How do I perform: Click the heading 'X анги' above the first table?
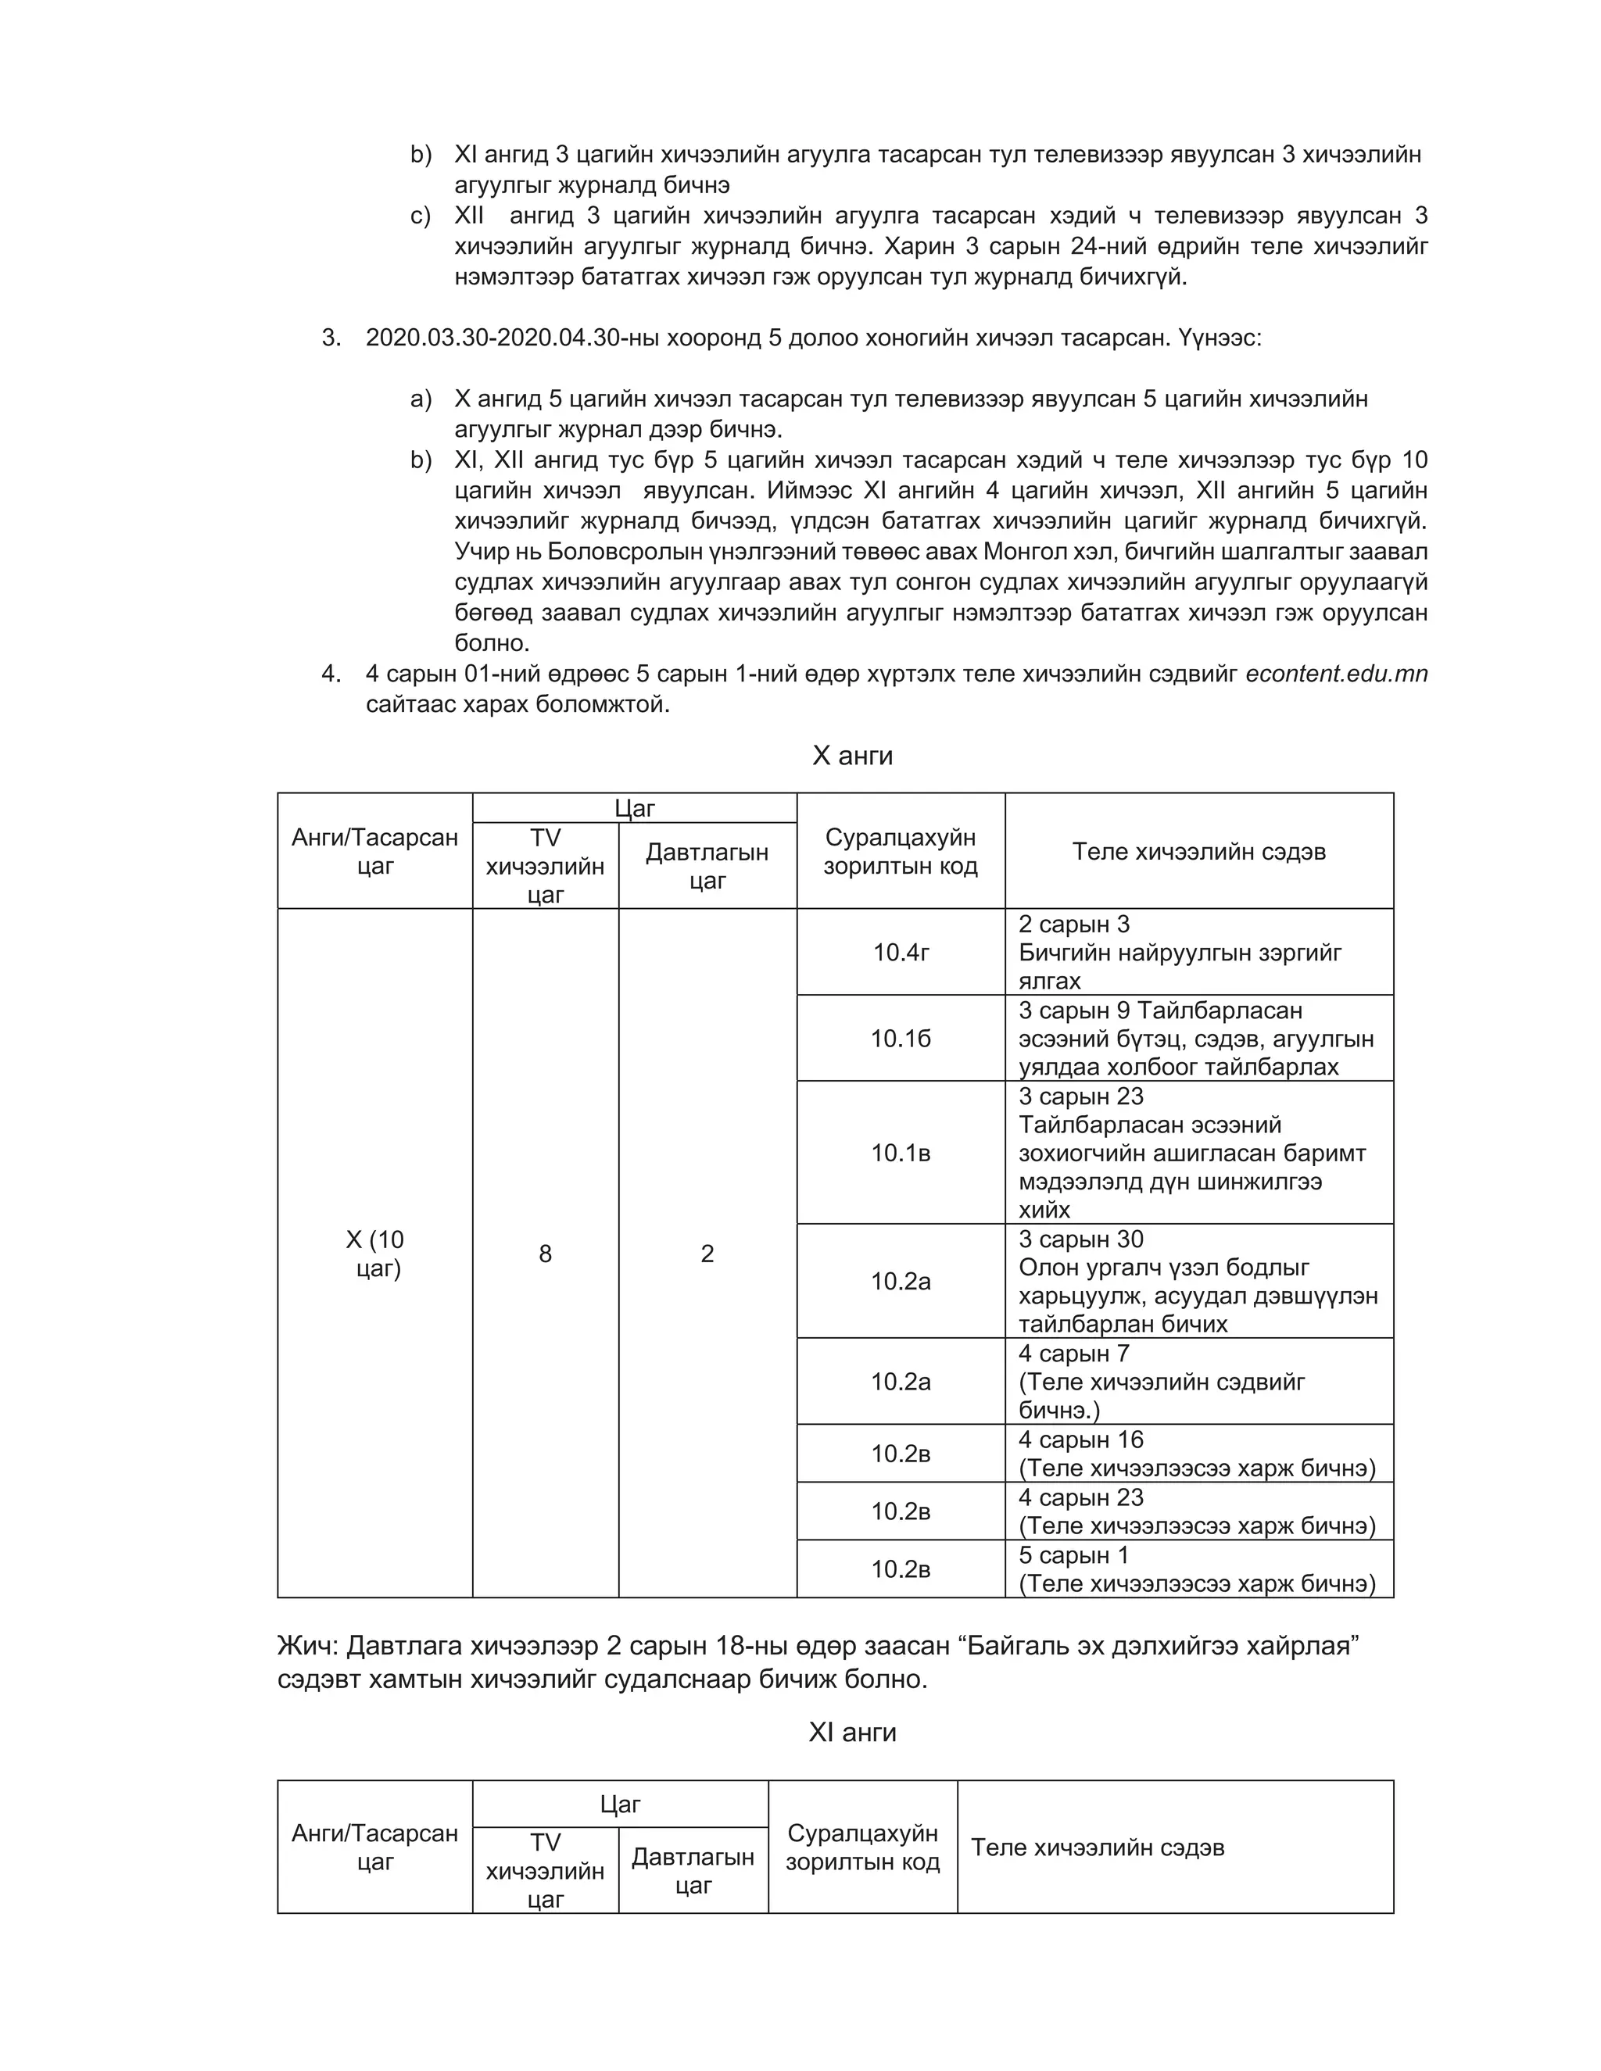852,756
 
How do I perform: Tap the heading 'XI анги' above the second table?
852,1733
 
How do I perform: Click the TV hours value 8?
546,1254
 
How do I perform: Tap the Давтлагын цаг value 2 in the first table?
707,1254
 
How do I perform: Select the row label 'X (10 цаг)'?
375,1254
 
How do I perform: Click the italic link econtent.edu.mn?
1335,674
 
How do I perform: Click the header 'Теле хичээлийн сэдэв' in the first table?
1199,852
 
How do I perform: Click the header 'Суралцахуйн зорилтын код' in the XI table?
862,1847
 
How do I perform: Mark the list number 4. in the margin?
330,674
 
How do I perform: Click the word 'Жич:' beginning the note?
307,1646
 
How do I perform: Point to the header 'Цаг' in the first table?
635,809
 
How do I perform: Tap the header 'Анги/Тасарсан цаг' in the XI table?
375,1847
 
